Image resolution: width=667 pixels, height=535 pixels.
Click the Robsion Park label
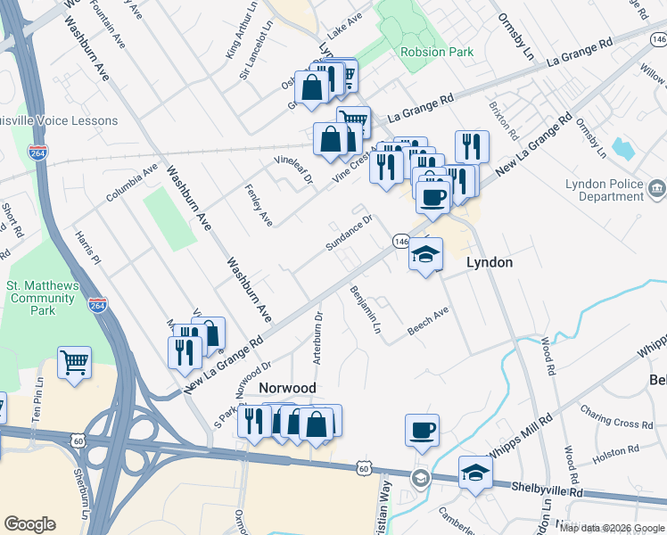pos(437,52)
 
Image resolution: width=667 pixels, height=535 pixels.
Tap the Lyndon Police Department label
pos(604,192)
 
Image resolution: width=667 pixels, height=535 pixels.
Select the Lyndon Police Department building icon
pos(657,188)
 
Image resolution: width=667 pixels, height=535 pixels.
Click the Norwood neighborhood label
pos(287,388)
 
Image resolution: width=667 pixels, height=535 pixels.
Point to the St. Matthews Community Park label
pos(44,298)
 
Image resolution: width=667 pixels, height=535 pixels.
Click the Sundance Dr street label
pos(348,233)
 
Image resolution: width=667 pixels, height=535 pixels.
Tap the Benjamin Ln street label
pos(366,310)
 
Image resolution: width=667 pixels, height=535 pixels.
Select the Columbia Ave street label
pos(132,181)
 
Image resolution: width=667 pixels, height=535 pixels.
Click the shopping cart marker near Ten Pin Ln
pos(74,361)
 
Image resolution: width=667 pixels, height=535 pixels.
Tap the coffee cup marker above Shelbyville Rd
pos(422,430)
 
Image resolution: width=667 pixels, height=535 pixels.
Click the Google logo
pos(29,524)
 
